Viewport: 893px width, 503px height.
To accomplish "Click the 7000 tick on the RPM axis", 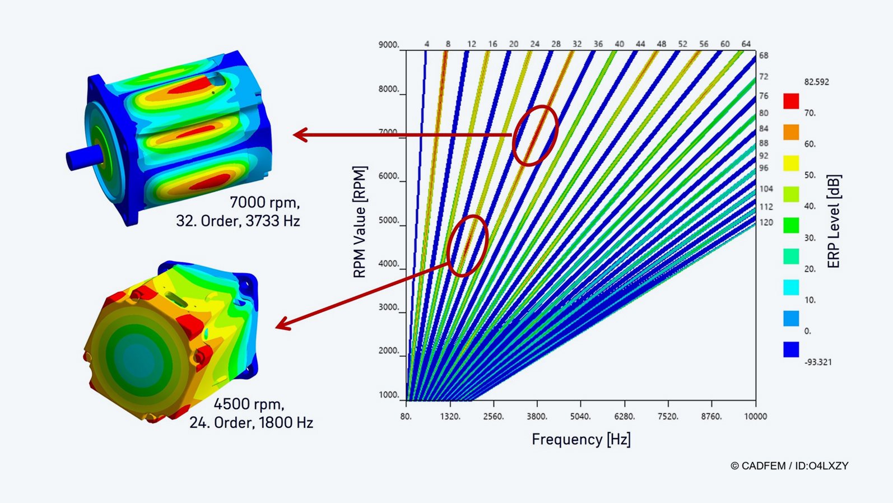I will pos(388,133).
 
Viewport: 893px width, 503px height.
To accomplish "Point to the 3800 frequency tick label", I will pos(537,416).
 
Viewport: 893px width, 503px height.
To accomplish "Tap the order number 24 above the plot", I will pos(535,44).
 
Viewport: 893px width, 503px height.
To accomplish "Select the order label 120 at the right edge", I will pos(766,222).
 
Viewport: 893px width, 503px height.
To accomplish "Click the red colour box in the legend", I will pos(791,101).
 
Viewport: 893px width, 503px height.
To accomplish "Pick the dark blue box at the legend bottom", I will pos(791,350).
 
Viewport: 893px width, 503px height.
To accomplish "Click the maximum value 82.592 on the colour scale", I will pos(816,82).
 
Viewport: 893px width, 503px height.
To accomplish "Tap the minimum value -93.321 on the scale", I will pos(818,362).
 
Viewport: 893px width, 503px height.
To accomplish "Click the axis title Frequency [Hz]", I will pos(581,439).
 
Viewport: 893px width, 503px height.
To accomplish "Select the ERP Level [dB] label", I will pos(834,221).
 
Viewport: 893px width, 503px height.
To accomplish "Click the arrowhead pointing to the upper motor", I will pos(300,135).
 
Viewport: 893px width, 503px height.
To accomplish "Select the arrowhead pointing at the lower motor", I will pos(282,324).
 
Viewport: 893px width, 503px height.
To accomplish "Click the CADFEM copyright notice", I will pos(789,465).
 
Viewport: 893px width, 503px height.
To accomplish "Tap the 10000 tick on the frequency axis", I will pos(755,416).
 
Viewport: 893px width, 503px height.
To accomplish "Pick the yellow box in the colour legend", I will pos(791,164).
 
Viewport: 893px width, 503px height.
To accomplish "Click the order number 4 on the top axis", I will pos(427,44).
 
